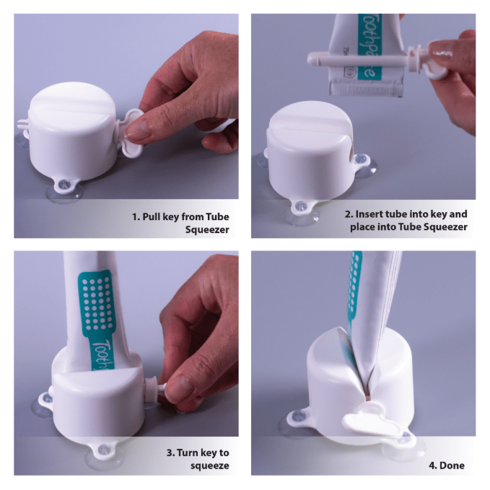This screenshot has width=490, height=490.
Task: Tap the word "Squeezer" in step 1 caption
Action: click(x=207, y=229)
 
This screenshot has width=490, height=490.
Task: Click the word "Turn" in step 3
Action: click(x=187, y=452)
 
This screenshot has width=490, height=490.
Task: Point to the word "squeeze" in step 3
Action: click(x=210, y=465)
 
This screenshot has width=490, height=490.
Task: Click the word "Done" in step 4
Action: click(x=452, y=465)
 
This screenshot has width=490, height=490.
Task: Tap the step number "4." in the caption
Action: click(x=433, y=465)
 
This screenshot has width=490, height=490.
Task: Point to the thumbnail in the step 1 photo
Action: click(x=138, y=131)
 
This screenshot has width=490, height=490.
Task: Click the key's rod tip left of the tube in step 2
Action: click(x=312, y=59)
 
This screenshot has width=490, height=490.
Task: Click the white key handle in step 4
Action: click(x=371, y=419)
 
